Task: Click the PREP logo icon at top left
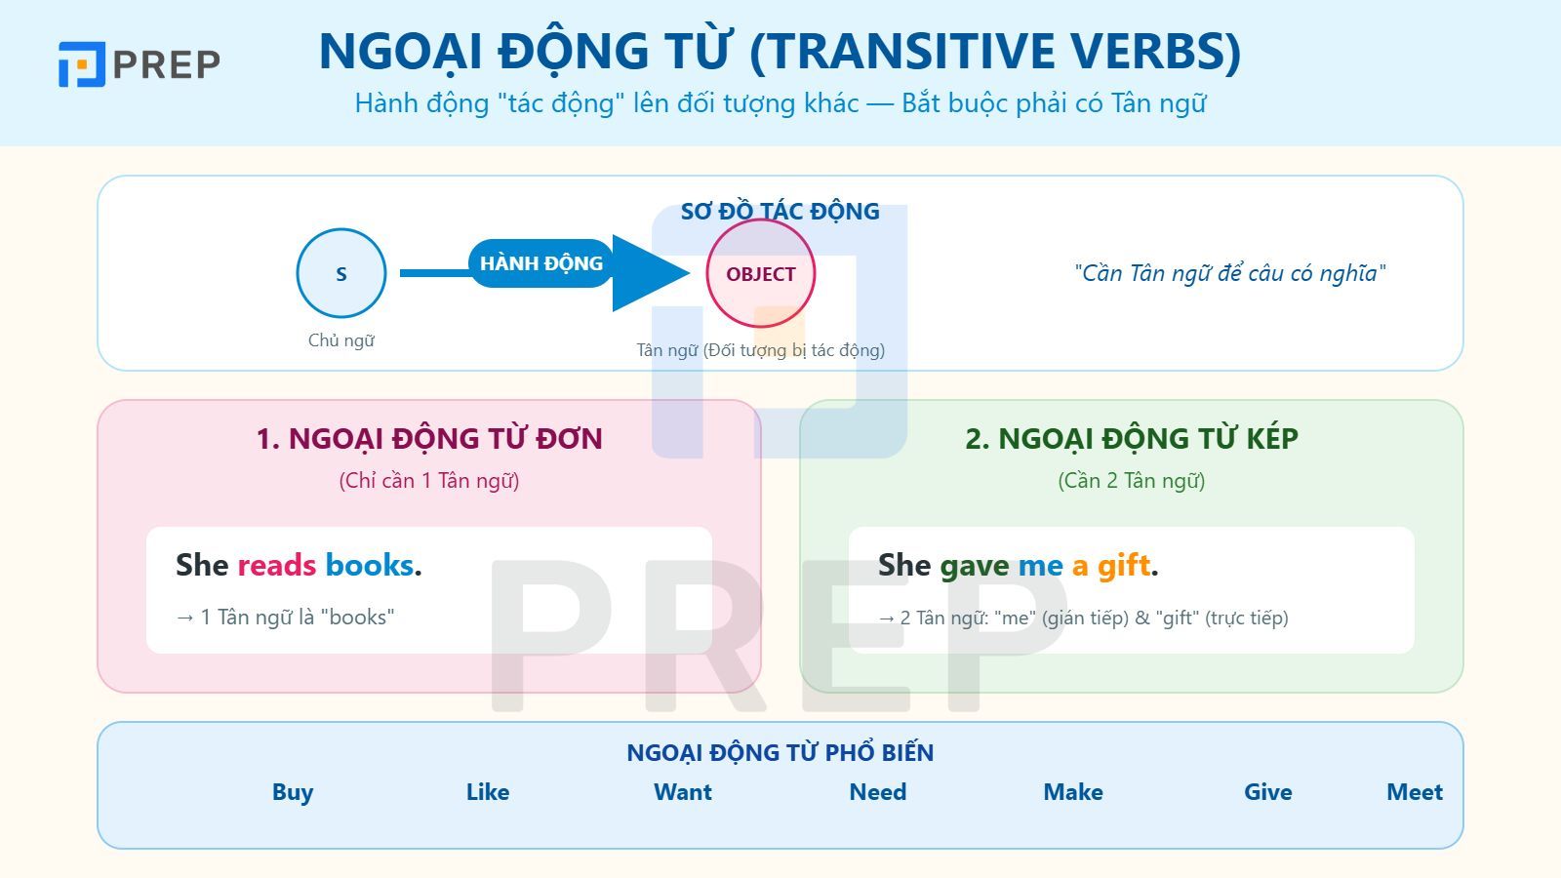click(81, 64)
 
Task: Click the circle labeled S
click(341, 273)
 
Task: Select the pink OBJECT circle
click(760, 273)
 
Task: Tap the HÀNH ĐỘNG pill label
click(540, 263)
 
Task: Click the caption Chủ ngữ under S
click(341, 340)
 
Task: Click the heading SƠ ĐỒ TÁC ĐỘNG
click(780, 212)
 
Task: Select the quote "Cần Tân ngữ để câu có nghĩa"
click(1229, 273)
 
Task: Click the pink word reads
click(277, 565)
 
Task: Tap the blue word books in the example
click(369, 565)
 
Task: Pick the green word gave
click(975, 565)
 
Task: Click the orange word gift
click(1124, 565)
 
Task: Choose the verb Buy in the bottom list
click(293, 792)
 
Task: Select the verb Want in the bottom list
click(683, 792)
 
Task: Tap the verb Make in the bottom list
click(1073, 792)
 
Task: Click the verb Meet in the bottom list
click(1414, 792)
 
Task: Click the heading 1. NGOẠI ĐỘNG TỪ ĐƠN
click(429, 439)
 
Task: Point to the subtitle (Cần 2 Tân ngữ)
click(1132, 481)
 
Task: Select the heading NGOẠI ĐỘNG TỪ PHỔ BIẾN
click(780, 752)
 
